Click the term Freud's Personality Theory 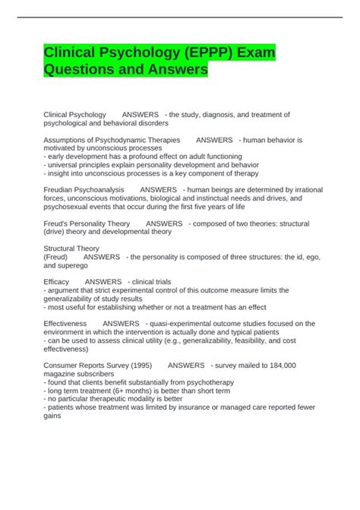87,223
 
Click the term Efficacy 57,281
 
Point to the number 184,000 279,365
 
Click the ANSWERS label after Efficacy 103,281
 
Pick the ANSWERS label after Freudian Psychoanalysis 158,189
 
